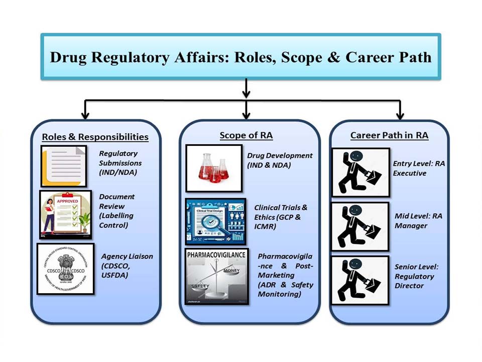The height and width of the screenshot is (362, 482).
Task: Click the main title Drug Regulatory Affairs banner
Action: pos(240,56)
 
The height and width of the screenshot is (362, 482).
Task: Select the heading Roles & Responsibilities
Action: pos(95,137)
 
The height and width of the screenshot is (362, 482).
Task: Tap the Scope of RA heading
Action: pos(246,135)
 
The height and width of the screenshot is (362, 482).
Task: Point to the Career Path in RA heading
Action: pos(389,135)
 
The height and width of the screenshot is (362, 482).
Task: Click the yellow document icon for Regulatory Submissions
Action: pos(64,165)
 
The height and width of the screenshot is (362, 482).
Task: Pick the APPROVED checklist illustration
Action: pos(66,214)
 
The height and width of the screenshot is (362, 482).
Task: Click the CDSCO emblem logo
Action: pos(65,269)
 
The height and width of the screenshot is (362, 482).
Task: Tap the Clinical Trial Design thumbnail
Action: pos(215,221)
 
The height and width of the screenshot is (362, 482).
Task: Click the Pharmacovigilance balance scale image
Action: pos(216,276)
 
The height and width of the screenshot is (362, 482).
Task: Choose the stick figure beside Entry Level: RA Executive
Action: pos(360,172)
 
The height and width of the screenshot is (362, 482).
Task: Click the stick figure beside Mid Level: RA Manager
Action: pos(360,226)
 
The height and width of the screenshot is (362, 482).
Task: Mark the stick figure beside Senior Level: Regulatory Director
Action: pos(360,280)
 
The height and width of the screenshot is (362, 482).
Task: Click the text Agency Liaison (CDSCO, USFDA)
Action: pos(127,265)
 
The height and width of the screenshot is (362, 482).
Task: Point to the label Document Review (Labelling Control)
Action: pos(116,211)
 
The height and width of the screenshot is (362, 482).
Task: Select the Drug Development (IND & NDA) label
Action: pos(280,160)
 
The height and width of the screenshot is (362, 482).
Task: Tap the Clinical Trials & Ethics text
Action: pos(281,217)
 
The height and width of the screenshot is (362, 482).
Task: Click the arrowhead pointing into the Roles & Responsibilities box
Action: pos(85,115)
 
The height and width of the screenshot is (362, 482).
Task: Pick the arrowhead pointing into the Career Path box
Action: pos(400,115)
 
